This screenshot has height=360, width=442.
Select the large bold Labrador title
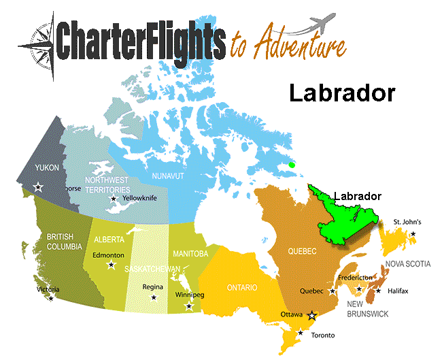pos(341,93)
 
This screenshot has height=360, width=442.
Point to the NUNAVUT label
pos(167,176)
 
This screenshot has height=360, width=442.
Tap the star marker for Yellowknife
pos(114,199)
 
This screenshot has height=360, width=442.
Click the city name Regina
pos(153,287)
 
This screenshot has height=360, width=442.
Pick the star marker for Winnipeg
pos(189,306)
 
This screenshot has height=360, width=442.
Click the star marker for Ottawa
pos(312,316)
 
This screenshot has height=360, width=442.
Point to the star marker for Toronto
pos(301,333)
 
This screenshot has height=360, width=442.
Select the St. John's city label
pos(408,222)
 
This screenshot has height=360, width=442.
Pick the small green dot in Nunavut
pos(292,164)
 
